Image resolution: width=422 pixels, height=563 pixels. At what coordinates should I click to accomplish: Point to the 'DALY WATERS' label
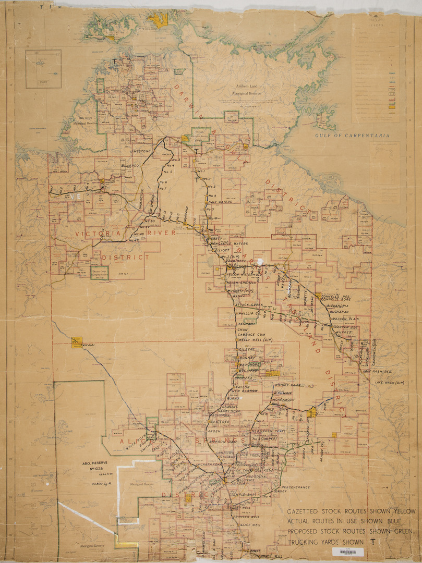pos(220,202)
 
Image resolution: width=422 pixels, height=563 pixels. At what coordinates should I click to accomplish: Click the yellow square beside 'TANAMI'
pos(77,341)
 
